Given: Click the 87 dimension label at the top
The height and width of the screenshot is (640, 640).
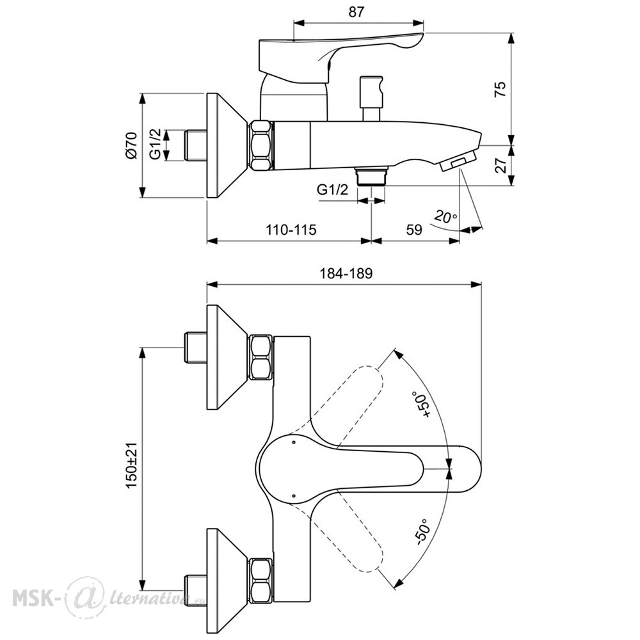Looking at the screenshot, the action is point(356,12).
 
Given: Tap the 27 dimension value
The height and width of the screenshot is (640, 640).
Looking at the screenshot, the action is point(500,165).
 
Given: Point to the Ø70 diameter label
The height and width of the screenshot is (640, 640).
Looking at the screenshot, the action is point(131,145).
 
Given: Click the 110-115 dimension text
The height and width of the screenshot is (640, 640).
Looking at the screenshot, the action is point(291,230).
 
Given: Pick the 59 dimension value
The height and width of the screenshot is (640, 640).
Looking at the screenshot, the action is point(414,230).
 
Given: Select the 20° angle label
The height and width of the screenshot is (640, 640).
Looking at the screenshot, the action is point(445,216).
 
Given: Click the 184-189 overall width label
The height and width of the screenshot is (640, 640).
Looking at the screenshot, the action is point(346,273).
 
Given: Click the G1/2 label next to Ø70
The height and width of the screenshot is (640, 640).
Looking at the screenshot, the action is point(155,144).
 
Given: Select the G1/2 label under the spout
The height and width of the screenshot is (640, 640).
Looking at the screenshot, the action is point(333,189).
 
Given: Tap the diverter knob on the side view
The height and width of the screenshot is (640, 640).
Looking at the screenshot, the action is point(371,98).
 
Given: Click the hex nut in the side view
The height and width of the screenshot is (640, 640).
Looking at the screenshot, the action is point(261,145).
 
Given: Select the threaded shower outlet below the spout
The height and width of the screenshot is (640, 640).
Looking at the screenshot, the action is point(371,176).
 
